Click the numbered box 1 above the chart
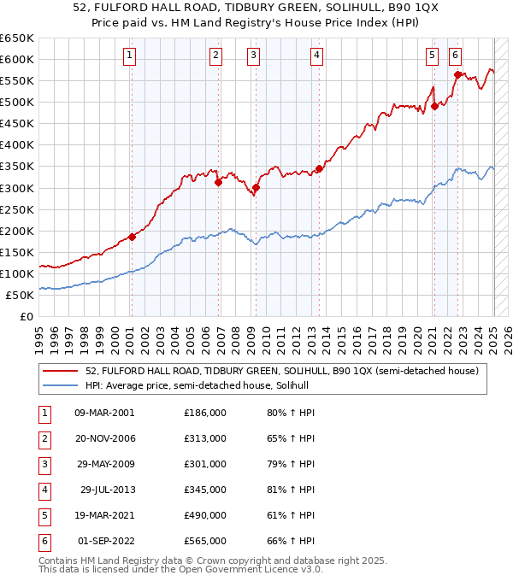point(129,56)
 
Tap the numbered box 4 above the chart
point(316,56)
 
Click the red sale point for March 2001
point(132,237)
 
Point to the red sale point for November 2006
point(218,182)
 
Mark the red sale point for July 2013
point(319,168)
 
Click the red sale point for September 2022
point(457,74)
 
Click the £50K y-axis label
point(21,295)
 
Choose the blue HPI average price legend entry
point(201,386)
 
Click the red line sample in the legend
point(60,371)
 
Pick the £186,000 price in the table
point(205,413)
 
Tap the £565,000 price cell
point(205,541)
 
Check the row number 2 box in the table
point(44,438)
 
